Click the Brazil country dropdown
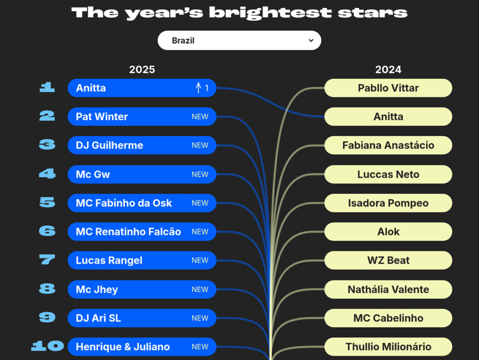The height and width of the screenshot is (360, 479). point(239,41)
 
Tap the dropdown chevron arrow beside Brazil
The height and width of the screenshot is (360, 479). point(311,41)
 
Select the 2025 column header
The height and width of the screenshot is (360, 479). point(142,70)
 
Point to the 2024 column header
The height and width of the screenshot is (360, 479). point(388,70)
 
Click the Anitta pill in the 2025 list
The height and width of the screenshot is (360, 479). point(142,88)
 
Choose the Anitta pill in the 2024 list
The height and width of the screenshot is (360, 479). point(388,116)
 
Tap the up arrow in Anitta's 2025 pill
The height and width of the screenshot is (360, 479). point(198,88)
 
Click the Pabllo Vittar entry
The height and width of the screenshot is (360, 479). point(388,88)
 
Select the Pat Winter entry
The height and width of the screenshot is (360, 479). point(142,116)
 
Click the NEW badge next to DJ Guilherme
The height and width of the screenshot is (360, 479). point(200,145)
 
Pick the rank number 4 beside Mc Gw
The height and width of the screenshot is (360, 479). point(47,174)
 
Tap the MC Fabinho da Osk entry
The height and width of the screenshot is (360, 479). point(142,203)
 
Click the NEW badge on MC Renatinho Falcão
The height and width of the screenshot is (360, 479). point(200,231)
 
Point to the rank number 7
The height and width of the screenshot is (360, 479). point(47,260)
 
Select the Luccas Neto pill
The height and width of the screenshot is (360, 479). point(388,174)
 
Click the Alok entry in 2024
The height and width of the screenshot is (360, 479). point(388,231)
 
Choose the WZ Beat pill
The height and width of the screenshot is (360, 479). point(388,260)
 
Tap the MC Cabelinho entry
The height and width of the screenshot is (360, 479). point(388,318)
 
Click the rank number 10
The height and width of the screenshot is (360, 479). point(47,346)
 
